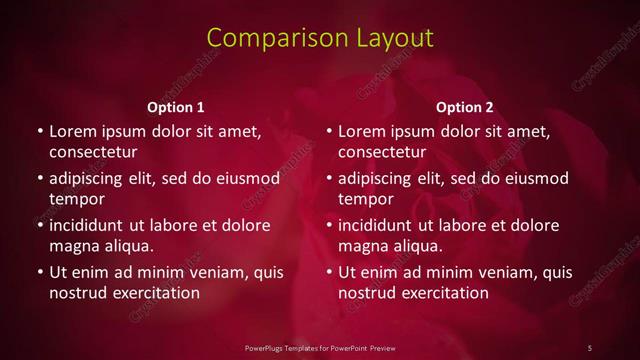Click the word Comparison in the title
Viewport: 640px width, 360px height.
click(267, 38)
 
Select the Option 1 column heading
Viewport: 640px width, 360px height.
click(176, 107)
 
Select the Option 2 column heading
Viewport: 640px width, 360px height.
click(465, 107)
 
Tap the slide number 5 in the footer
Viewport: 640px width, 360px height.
click(590, 347)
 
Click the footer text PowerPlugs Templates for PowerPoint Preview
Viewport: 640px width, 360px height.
click(320, 347)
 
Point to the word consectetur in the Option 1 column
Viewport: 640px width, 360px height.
click(93, 152)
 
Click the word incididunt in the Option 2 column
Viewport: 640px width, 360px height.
click(383, 225)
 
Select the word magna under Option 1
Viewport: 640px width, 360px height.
click(72, 246)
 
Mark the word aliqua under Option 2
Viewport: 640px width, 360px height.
click(420, 246)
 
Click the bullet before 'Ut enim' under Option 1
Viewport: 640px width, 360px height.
click(39, 272)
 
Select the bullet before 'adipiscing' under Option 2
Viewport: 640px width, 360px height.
click(328, 179)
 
